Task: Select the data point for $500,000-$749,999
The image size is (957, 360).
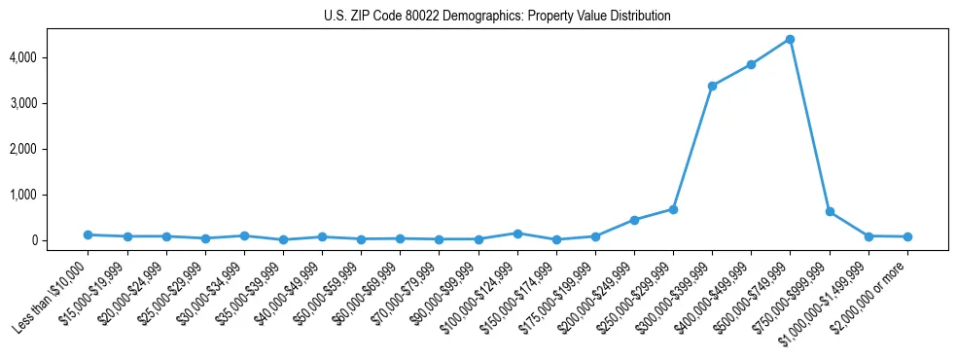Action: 790,39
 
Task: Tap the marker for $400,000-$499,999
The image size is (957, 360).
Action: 751,64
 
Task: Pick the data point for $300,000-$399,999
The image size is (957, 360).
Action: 712,86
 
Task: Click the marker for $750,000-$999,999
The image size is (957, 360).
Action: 830,211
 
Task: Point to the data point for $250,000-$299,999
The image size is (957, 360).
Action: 673,209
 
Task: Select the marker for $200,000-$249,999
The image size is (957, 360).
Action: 634,220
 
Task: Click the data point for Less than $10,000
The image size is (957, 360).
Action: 88,234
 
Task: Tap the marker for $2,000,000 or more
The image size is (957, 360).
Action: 907,236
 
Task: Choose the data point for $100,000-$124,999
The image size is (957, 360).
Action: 517,234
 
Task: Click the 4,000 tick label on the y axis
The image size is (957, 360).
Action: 51,57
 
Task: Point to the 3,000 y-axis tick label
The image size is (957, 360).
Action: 51,103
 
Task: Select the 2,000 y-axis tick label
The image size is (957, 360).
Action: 51,149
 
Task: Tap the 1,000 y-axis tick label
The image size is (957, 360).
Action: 51,195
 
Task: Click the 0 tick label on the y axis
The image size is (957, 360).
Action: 59,240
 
